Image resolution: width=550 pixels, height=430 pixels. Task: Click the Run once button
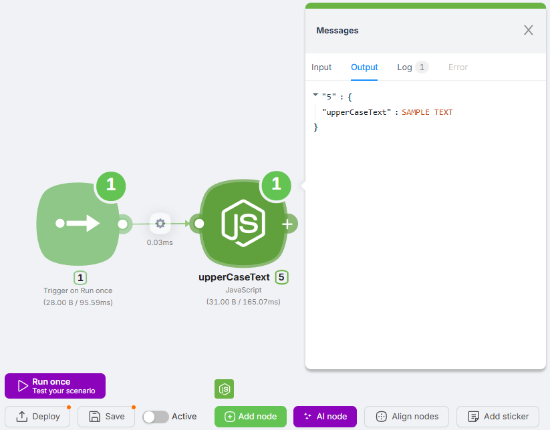click(x=55, y=386)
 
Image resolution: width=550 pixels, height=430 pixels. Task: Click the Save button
click(x=106, y=417)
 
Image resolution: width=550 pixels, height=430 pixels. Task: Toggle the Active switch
click(x=156, y=417)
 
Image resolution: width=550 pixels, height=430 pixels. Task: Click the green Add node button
click(x=250, y=417)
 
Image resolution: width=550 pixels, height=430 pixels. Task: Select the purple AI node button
click(x=325, y=417)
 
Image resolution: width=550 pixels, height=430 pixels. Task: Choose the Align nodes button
click(x=407, y=417)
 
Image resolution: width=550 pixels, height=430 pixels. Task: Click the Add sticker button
click(x=497, y=417)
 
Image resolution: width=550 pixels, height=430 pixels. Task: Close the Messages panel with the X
click(x=529, y=30)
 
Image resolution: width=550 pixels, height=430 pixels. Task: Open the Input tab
click(x=321, y=67)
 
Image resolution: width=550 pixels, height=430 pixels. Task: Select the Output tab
click(x=364, y=67)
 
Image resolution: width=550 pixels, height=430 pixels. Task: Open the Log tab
click(x=405, y=67)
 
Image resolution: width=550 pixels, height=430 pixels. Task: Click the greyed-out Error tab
click(x=458, y=67)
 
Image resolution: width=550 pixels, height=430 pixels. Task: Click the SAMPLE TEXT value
click(x=427, y=112)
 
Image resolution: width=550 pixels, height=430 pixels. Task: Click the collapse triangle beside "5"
click(x=315, y=95)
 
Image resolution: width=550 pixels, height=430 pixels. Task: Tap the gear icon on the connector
click(x=160, y=224)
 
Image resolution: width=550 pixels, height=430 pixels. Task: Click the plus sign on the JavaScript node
click(x=287, y=224)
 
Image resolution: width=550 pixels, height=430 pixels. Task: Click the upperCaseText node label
click(x=234, y=277)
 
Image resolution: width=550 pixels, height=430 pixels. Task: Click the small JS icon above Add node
click(x=225, y=389)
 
